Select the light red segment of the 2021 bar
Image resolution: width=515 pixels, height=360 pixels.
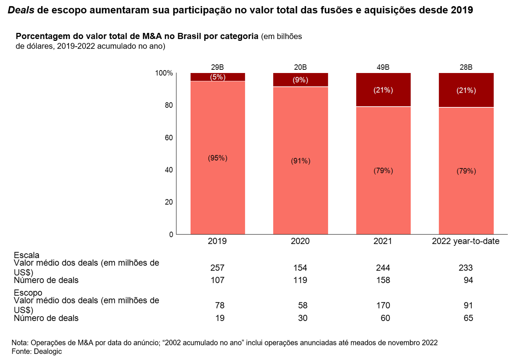(x=383, y=200)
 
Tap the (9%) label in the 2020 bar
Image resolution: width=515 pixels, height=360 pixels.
(x=300, y=80)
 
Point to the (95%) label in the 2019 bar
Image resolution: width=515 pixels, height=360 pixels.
(x=217, y=158)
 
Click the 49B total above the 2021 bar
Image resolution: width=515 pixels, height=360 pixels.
(x=383, y=67)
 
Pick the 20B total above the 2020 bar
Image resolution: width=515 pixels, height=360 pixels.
(x=300, y=67)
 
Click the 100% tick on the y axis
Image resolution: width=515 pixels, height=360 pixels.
(x=164, y=73)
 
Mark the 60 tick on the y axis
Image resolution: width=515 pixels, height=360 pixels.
(x=168, y=138)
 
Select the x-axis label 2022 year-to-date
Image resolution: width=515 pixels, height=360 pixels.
(x=466, y=241)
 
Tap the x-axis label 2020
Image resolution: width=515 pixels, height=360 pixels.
(x=300, y=241)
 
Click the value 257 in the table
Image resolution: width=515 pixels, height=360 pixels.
(x=217, y=268)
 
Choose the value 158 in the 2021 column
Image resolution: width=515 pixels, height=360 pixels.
(x=383, y=280)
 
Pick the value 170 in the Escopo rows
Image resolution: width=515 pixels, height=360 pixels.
(x=383, y=305)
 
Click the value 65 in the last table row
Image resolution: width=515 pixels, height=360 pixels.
(x=468, y=318)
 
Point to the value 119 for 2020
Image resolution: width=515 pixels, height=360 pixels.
(x=300, y=280)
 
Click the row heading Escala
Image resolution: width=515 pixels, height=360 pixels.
(x=26, y=255)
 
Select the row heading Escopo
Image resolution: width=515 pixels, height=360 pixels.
(x=28, y=293)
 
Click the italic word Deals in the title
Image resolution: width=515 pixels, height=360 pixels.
(x=21, y=10)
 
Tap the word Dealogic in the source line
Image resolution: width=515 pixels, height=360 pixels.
(x=48, y=351)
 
